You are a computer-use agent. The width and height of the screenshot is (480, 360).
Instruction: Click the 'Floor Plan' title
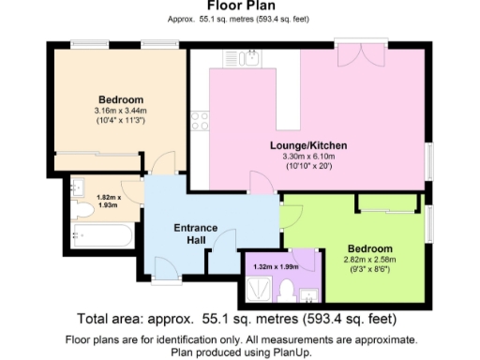coord(240,7)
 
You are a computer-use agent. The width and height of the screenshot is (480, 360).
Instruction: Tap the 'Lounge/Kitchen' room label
coord(308,146)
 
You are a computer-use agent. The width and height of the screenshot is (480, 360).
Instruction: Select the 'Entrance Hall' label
coord(196,234)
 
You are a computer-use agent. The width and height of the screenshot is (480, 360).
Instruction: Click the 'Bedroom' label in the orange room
coord(120,100)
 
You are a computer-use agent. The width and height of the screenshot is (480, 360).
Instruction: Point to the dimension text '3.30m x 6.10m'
coord(308,157)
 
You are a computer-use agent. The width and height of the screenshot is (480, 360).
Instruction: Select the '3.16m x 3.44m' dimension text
coord(120,111)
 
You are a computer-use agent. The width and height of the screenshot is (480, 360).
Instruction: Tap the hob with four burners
coord(200,119)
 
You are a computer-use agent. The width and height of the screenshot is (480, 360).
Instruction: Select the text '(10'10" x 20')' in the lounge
coord(308,167)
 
